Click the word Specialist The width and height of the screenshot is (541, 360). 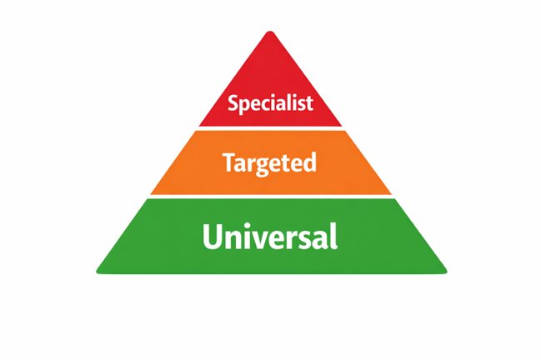pos(270,104)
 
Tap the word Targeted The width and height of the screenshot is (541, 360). pos(270,162)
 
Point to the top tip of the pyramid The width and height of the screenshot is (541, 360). pos(269,33)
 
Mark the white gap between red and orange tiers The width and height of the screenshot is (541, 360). pos(270,128)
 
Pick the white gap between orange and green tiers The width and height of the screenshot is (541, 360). pos(270,197)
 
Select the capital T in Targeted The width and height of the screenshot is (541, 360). pos(228,162)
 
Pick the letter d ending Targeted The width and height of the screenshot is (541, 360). pos(310,162)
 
